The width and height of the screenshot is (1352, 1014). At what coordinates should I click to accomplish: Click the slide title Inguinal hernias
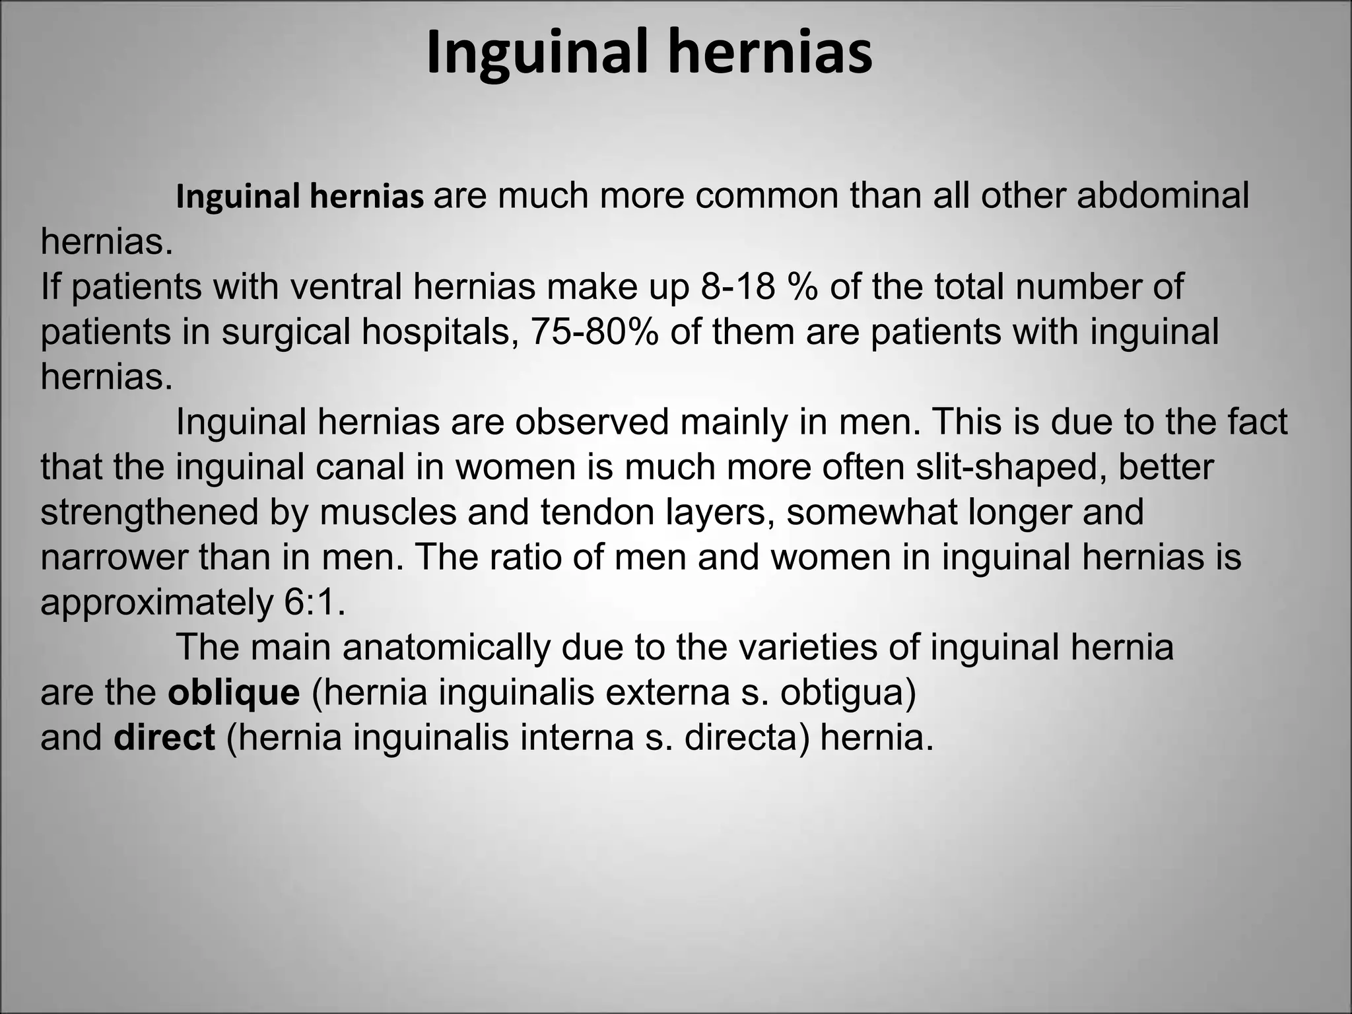[x=650, y=53]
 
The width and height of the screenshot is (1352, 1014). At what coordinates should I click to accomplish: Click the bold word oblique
[x=234, y=693]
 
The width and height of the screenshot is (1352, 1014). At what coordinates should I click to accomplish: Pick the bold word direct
[x=164, y=737]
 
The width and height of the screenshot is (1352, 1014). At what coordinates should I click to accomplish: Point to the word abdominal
[x=1163, y=196]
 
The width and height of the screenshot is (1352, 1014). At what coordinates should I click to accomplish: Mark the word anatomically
[x=446, y=648]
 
